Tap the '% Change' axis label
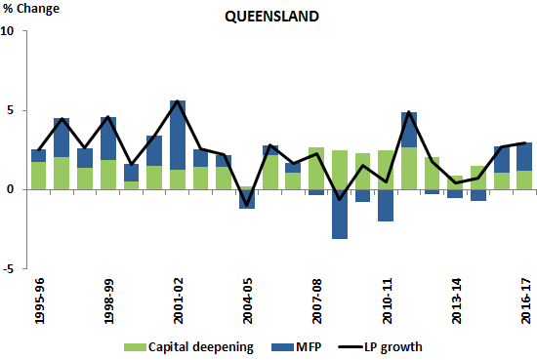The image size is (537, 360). tap(30, 11)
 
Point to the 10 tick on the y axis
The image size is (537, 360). tap(9, 30)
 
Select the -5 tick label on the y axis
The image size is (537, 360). tap(9, 269)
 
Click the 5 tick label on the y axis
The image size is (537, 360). tap(12, 110)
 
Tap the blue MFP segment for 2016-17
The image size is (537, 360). tap(524, 156)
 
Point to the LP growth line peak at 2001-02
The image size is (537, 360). tap(178, 101)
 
